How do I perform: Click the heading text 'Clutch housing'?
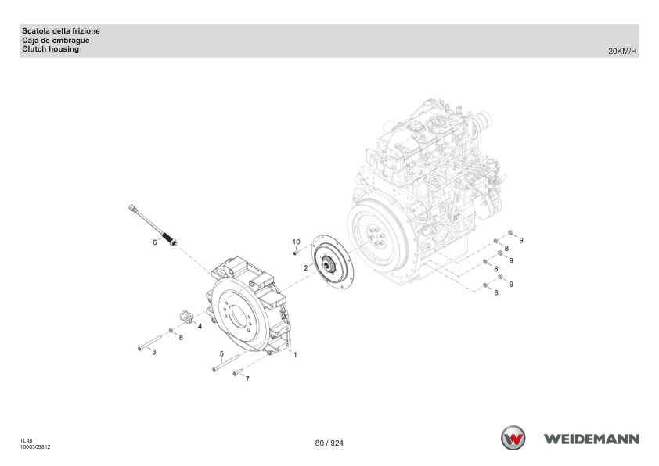50,49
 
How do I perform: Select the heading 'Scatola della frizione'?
61,31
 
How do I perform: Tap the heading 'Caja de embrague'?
56,41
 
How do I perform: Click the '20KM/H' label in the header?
622,52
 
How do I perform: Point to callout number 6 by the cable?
155,242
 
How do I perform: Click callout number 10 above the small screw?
297,242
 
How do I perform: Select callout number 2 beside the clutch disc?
305,268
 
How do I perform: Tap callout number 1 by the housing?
295,355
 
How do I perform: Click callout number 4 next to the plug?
200,326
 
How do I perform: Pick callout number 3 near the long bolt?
154,352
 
